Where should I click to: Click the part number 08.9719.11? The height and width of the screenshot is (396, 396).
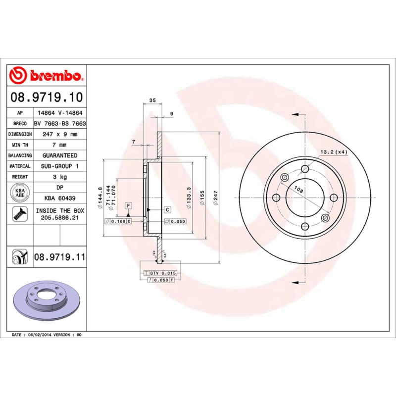(60, 257)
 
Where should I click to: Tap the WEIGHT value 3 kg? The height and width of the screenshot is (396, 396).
(60, 177)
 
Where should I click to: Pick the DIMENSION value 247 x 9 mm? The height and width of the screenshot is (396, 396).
(60, 134)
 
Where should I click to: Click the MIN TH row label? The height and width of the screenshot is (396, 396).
(20, 145)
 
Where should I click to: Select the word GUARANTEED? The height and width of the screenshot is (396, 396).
(60, 155)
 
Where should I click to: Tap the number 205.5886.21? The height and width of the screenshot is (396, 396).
(60, 218)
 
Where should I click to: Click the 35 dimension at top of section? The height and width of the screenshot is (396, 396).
(152, 100)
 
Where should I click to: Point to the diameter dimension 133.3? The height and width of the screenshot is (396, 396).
(189, 193)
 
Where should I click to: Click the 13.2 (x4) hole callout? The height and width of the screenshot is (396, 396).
(334, 152)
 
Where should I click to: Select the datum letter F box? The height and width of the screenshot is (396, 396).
(128, 205)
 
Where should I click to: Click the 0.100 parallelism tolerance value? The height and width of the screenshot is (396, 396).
(118, 221)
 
